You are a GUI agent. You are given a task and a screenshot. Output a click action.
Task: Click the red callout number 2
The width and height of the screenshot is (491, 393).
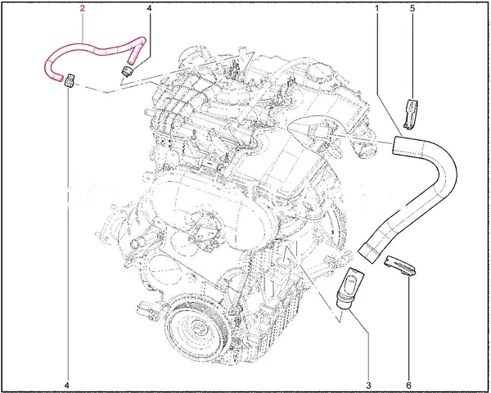[x=83, y=8]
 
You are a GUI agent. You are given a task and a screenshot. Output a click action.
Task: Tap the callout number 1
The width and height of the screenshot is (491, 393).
[x=377, y=8]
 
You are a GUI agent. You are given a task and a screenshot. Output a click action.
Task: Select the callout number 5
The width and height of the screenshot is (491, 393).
[x=412, y=8]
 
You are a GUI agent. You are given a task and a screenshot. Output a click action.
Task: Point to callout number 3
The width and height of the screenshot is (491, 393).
[x=368, y=385]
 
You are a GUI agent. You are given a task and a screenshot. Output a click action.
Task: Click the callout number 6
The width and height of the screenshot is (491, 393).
[x=408, y=385]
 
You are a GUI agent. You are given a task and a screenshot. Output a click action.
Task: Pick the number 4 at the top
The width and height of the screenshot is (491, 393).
[x=149, y=8]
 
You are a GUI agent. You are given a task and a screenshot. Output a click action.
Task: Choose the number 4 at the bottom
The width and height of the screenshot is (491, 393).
[x=66, y=385]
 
